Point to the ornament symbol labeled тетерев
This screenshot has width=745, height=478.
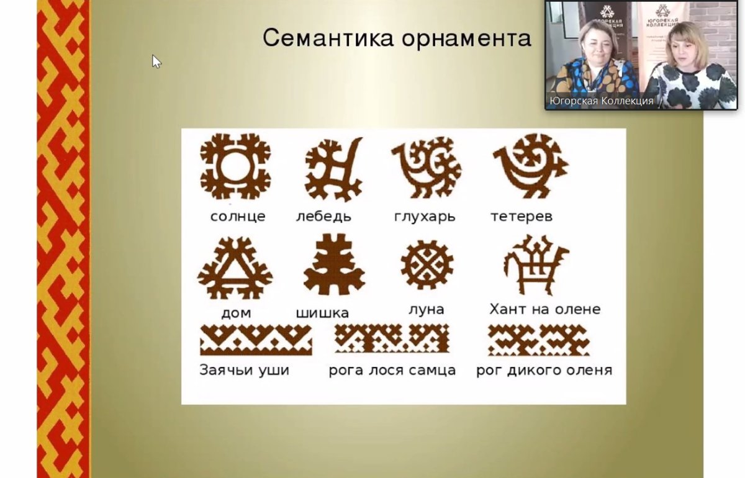529,165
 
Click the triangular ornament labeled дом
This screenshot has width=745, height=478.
235,268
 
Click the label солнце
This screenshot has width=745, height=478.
238,217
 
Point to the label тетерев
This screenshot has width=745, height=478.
521,217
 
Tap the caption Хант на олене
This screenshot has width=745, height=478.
544,309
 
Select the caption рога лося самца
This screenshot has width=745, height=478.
392,371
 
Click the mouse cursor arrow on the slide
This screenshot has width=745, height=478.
156,60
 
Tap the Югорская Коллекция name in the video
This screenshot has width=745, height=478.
601,101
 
